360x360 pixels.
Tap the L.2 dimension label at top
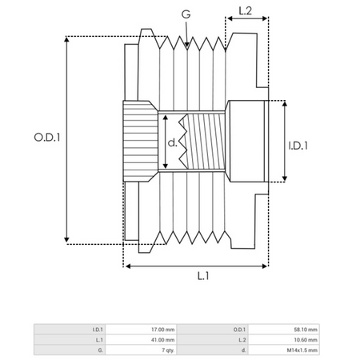(246, 10)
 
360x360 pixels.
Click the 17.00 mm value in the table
(162, 329)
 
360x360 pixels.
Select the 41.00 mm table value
(162, 339)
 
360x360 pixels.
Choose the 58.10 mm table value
(306, 329)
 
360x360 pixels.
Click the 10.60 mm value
(306, 339)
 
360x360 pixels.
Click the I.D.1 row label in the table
(97, 329)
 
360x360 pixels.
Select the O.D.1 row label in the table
(240, 329)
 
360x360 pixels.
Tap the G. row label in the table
(100, 350)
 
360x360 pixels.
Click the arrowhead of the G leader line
(186, 48)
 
